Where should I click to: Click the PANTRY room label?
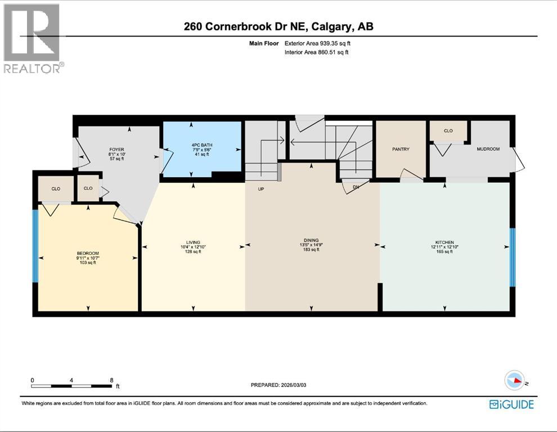401,149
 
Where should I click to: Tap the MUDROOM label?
488,149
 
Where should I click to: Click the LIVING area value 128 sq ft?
193,251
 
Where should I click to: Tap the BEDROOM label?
88,253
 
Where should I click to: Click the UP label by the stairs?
261,189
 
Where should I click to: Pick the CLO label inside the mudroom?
448,130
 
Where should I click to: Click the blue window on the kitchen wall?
512,256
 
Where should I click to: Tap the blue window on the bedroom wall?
35,246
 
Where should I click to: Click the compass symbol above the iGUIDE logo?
515,381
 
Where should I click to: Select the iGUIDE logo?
511,404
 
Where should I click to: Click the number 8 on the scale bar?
111,380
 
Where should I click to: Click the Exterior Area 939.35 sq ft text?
321,43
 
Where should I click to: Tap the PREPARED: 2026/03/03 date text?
281,385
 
